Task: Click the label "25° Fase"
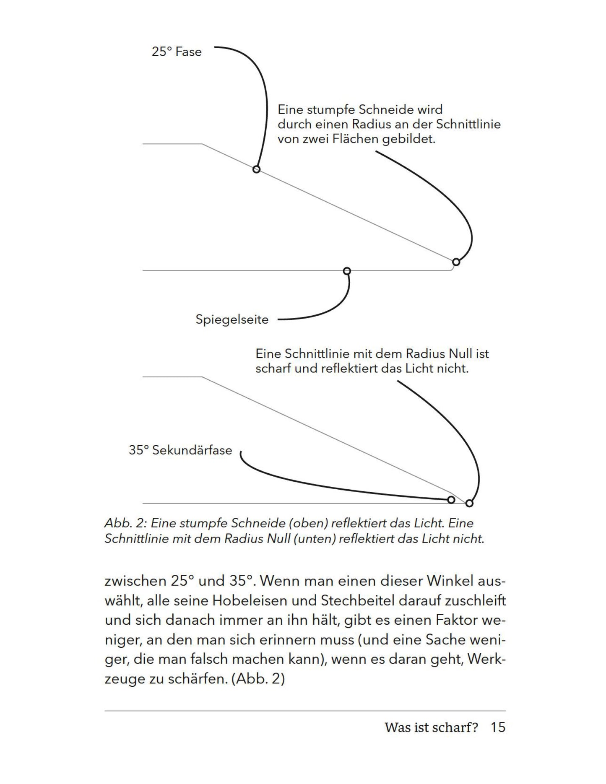tap(177, 52)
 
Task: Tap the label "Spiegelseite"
tap(232, 319)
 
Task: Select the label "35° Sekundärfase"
tap(180, 450)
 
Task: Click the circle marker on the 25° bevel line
tap(256, 169)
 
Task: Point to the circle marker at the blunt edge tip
tap(456, 262)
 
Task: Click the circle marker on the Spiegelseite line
tap(347, 271)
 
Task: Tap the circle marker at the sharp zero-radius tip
tap(469, 503)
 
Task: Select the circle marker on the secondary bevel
tap(451, 499)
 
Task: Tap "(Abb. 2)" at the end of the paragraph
tap(258, 679)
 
